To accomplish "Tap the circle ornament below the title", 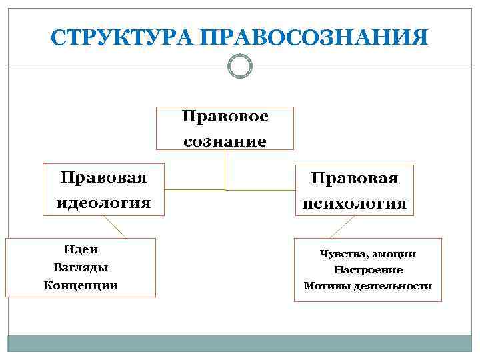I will coord(240,66).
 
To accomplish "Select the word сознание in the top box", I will coord(225,141).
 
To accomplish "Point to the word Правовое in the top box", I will coord(225,117).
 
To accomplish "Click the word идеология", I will coord(103,201).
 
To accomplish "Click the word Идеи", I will coord(81,249).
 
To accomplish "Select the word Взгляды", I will coord(80,267).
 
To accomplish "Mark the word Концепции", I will coord(80,285).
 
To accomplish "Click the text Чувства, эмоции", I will coord(367,253).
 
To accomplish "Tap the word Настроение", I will coord(368,270).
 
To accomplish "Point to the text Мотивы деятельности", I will coord(368,286).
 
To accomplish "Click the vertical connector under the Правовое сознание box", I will coord(225,169).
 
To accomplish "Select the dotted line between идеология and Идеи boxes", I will coord(114,227).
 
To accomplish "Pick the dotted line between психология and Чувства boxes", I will coord(343,227).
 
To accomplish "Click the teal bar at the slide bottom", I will coord(240,343).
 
